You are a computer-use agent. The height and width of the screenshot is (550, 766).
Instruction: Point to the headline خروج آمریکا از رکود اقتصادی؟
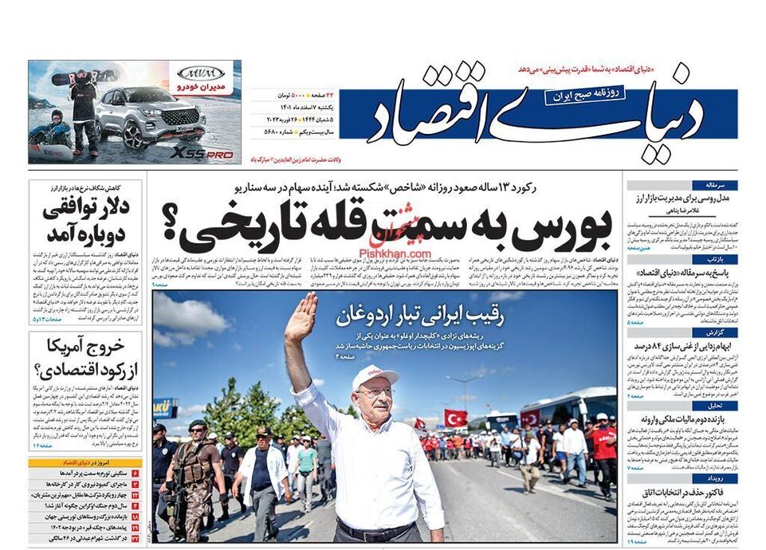coord(86,359)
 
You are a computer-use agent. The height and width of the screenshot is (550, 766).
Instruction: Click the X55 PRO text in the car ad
coord(202,153)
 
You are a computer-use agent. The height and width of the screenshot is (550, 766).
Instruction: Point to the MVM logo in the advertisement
coord(202,72)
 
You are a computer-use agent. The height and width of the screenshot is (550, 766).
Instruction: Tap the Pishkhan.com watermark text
coord(395,253)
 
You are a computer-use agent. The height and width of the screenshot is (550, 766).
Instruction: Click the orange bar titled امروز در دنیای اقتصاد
coord(85,462)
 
